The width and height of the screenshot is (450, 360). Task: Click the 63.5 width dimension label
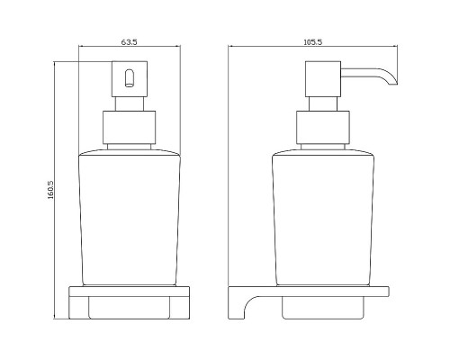click(130, 42)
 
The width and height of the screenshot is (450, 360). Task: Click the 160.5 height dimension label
click(50, 190)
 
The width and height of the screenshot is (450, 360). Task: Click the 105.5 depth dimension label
click(313, 42)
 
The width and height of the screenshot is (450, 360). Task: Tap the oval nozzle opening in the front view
click(129, 78)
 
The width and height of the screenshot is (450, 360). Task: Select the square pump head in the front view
click(130, 79)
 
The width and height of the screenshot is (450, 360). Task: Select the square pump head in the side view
click(323, 79)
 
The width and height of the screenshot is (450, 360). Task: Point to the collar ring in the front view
click(130, 128)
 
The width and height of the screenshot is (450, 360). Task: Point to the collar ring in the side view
click(323, 128)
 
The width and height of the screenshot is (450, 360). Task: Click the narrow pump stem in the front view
click(130, 104)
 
